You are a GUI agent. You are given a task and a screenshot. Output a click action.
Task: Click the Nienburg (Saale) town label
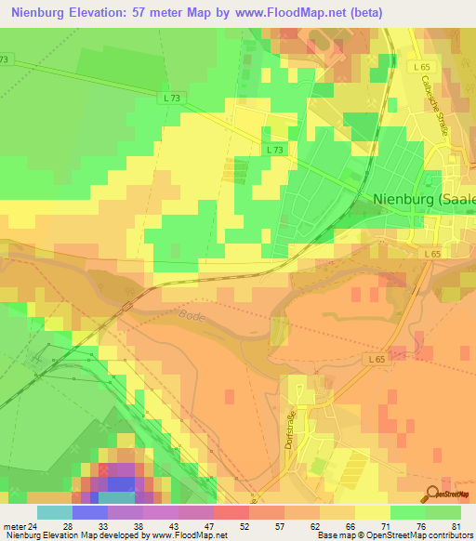click(x=423, y=198)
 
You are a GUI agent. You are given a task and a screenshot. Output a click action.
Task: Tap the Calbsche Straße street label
click(x=435, y=104)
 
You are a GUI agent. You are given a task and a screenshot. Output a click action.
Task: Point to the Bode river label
click(x=191, y=316)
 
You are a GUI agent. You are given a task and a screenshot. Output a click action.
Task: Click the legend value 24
click(x=34, y=525)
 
